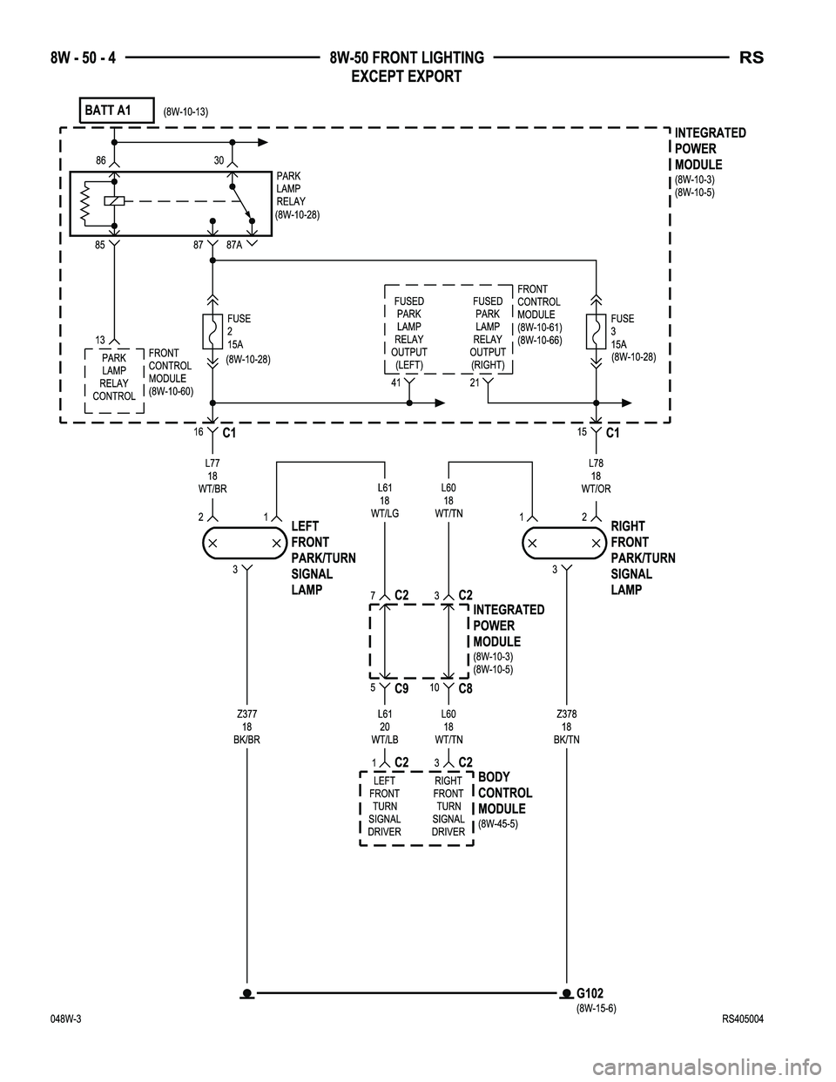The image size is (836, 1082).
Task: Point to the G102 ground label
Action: coord(590,993)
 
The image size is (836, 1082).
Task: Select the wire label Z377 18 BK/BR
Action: coord(247,727)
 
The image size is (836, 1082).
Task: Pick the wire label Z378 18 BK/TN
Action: coord(567,727)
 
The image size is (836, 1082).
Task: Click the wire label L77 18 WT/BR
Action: coord(212,477)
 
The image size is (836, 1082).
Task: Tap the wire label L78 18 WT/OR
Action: coord(597,477)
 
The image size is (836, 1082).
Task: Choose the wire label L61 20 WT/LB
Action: coord(385,727)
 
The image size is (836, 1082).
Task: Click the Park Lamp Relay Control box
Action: coord(114,377)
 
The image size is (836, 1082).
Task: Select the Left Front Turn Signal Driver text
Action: coord(385,807)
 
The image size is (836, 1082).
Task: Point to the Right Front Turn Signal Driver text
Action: coord(448,807)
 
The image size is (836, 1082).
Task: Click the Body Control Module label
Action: coord(505,793)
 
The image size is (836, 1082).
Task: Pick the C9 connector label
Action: coord(402,688)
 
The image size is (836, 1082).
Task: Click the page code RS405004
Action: coord(742,1020)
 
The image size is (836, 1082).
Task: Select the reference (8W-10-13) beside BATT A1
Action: coord(186,112)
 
